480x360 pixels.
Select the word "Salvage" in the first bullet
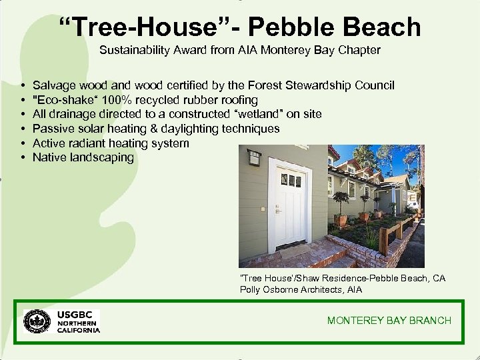[54, 85]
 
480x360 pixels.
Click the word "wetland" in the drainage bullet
[252, 114]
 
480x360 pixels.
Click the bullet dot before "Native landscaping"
[23, 158]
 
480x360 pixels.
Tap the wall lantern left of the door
[253, 159]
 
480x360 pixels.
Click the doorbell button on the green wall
[262, 209]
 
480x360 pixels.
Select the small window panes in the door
[291, 180]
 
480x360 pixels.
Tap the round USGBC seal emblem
[37, 321]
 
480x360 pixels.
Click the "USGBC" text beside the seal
[78, 314]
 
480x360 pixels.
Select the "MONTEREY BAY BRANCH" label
[389, 321]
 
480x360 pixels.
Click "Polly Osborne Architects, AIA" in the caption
[301, 289]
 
